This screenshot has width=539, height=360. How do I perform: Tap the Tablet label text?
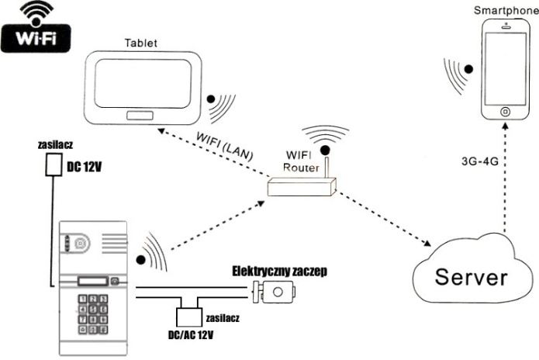(x=141, y=42)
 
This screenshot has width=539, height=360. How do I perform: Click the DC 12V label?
(x=86, y=167)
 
